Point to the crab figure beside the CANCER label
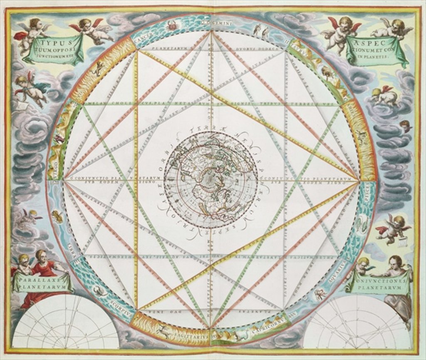[x=171, y=26]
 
